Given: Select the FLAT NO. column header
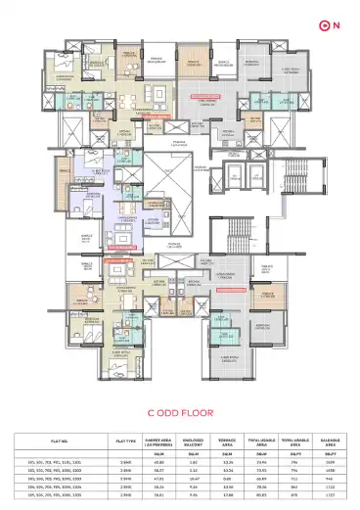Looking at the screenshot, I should [x=45, y=440].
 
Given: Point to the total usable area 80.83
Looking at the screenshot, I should [x=262, y=489].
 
